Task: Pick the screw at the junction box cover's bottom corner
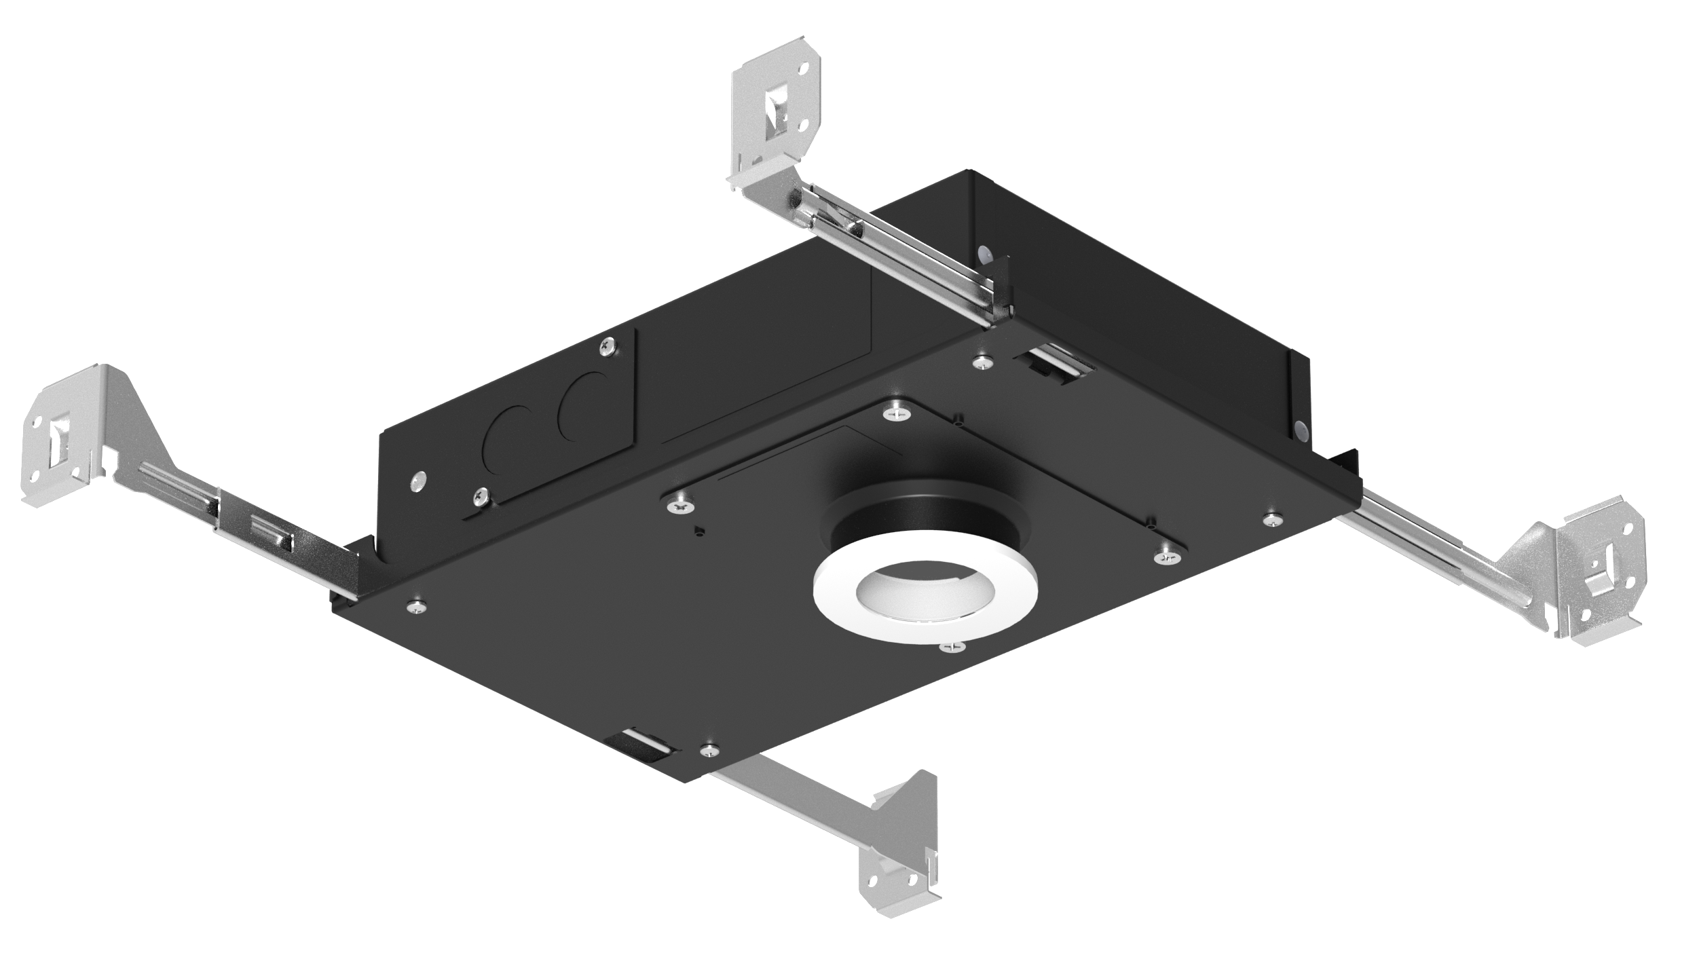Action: click(x=481, y=497)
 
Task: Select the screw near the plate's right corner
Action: click(x=1269, y=520)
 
